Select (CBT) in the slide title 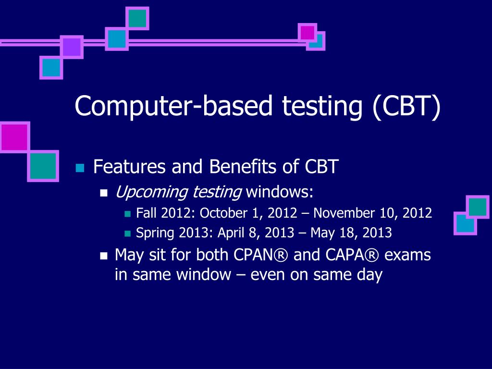coord(406,107)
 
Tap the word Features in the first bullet coord(129,166)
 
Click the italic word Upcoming coord(151,192)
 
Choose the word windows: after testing coord(280,192)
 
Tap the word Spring coord(155,234)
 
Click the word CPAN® coord(260,255)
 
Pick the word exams coord(407,255)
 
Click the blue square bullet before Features coord(80,168)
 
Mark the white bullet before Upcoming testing coord(104,193)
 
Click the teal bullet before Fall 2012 coord(127,214)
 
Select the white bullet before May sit coord(104,256)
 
